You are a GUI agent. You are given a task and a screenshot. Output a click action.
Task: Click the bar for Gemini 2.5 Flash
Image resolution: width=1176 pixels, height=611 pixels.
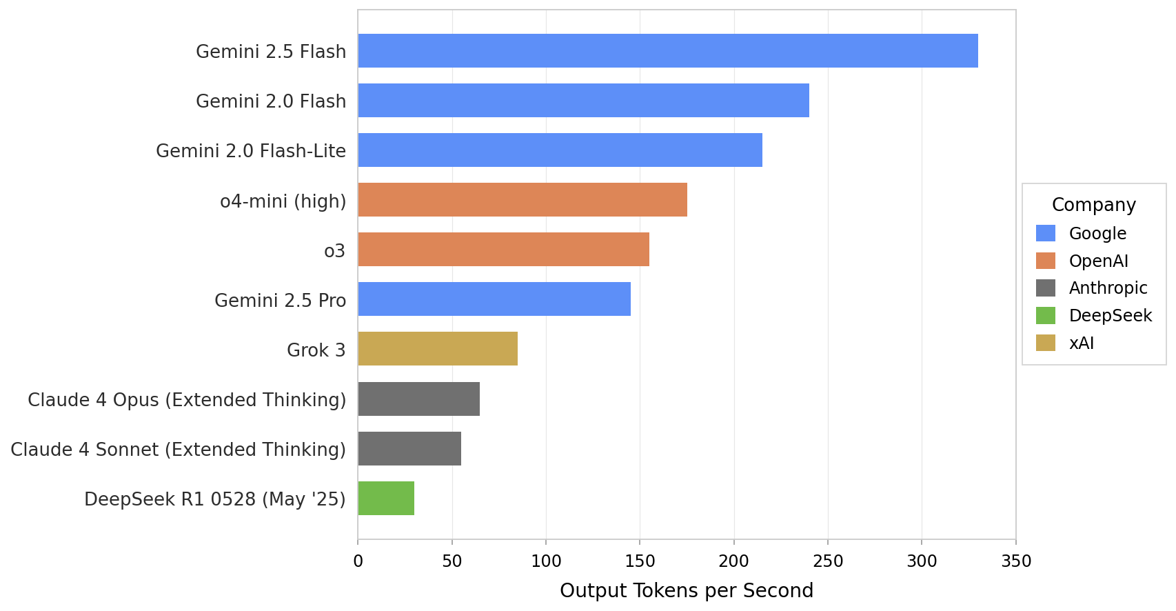click(x=667, y=51)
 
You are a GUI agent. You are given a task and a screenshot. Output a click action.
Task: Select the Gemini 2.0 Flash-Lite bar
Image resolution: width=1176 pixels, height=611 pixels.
click(x=560, y=150)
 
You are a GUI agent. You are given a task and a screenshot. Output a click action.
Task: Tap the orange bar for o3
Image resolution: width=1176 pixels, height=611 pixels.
click(x=503, y=250)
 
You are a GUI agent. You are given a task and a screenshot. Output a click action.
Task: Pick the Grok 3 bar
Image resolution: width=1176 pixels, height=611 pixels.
click(x=438, y=349)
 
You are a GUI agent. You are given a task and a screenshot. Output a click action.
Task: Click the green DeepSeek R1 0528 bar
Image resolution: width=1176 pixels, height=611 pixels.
click(x=386, y=499)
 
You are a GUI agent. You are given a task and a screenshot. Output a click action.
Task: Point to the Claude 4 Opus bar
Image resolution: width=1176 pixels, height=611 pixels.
click(x=418, y=399)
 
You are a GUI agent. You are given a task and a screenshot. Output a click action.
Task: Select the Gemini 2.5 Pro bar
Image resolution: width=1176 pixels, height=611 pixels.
click(x=494, y=299)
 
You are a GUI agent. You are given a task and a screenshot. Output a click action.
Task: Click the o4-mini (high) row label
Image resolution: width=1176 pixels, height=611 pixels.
click(x=283, y=201)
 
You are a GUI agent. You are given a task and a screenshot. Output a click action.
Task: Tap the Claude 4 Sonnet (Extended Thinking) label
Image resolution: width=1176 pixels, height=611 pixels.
click(x=178, y=450)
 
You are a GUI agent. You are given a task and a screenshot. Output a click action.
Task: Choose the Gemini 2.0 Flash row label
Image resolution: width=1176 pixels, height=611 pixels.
click(x=271, y=101)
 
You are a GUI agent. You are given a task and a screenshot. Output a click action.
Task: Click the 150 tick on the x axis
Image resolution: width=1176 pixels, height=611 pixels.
click(x=640, y=561)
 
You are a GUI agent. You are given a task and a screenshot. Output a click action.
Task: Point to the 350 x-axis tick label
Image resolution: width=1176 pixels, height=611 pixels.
click(x=1015, y=561)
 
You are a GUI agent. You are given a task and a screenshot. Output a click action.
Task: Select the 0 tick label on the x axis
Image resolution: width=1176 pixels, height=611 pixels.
click(x=358, y=561)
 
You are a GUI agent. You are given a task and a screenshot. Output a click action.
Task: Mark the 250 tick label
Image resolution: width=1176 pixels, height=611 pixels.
click(x=827, y=561)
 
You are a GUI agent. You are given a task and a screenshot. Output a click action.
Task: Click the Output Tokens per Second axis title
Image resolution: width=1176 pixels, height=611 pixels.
click(x=687, y=591)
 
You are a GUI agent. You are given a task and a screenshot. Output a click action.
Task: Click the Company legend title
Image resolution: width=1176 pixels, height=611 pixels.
click(x=1093, y=205)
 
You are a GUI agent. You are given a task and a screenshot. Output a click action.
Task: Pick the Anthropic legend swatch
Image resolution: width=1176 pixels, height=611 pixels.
click(x=1045, y=288)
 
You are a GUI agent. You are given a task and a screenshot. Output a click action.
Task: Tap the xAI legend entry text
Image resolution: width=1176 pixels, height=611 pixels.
click(x=1081, y=343)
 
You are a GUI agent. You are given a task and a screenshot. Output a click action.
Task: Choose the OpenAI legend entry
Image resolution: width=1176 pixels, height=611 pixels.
click(x=1098, y=261)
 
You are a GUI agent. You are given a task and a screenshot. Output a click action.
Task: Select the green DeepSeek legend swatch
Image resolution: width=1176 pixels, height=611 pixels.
click(x=1045, y=316)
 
